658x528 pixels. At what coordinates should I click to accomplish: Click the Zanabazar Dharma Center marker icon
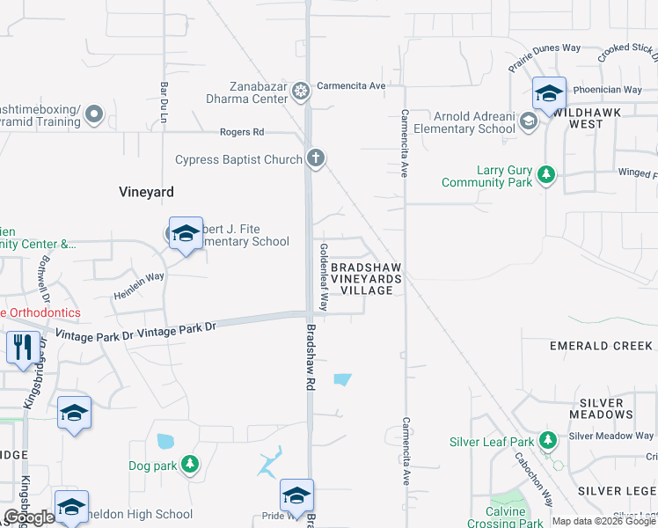[x=301, y=91]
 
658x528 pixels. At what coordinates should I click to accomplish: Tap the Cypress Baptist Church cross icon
[x=316, y=158]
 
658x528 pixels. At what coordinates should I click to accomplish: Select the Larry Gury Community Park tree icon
[x=546, y=174]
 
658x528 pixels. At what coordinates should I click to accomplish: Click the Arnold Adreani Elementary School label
[x=474, y=122]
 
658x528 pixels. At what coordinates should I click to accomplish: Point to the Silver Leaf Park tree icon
[x=549, y=438]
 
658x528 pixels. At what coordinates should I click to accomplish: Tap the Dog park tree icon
[x=190, y=464]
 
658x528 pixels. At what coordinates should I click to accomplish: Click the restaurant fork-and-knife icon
[x=20, y=346]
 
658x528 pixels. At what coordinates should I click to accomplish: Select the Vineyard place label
[x=147, y=191]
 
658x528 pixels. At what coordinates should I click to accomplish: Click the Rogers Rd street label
[x=242, y=132]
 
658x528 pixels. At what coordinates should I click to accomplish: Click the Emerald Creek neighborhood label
[x=602, y=346]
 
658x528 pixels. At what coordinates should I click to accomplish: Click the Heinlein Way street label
[x=139, y=287]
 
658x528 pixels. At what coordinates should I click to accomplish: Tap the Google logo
[x=29, y=517]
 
